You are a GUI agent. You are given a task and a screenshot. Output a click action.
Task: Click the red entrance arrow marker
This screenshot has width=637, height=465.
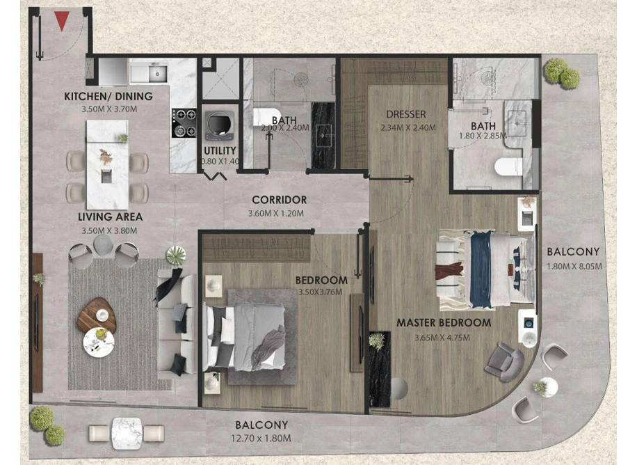61,21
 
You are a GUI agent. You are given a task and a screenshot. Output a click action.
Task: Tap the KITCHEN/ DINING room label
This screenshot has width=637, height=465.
108,97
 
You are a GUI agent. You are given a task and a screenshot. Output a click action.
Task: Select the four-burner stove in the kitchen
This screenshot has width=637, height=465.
184,123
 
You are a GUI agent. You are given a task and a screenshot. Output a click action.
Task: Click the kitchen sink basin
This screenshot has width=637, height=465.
156,74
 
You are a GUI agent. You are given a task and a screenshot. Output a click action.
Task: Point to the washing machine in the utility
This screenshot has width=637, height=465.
220,125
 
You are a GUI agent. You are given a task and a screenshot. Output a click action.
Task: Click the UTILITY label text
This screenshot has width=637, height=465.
220,150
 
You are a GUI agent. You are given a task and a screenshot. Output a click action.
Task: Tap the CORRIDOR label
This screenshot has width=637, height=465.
279,200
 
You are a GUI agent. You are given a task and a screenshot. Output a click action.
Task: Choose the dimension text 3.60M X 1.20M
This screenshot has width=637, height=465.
276,213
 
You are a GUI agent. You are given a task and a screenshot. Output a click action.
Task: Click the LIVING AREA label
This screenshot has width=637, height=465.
110,216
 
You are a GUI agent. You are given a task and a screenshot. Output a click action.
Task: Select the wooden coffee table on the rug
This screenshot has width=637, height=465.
96,315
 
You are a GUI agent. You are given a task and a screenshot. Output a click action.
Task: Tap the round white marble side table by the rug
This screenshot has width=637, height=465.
99,342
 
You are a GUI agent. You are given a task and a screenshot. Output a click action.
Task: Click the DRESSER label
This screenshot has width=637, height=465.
406,114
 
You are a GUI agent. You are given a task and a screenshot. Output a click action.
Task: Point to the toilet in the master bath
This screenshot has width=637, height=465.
508,167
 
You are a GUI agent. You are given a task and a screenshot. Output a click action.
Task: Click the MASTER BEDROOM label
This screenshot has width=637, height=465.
444,323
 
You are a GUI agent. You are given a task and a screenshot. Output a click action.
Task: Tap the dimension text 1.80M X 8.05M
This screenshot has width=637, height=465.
574,267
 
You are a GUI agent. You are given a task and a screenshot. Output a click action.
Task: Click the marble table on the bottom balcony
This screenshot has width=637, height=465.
127,433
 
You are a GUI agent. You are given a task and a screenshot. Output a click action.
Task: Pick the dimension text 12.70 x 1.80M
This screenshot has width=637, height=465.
261,439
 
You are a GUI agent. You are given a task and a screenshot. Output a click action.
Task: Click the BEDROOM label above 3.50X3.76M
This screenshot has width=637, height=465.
321,280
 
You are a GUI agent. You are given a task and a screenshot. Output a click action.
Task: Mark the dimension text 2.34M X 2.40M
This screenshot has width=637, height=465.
408,128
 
